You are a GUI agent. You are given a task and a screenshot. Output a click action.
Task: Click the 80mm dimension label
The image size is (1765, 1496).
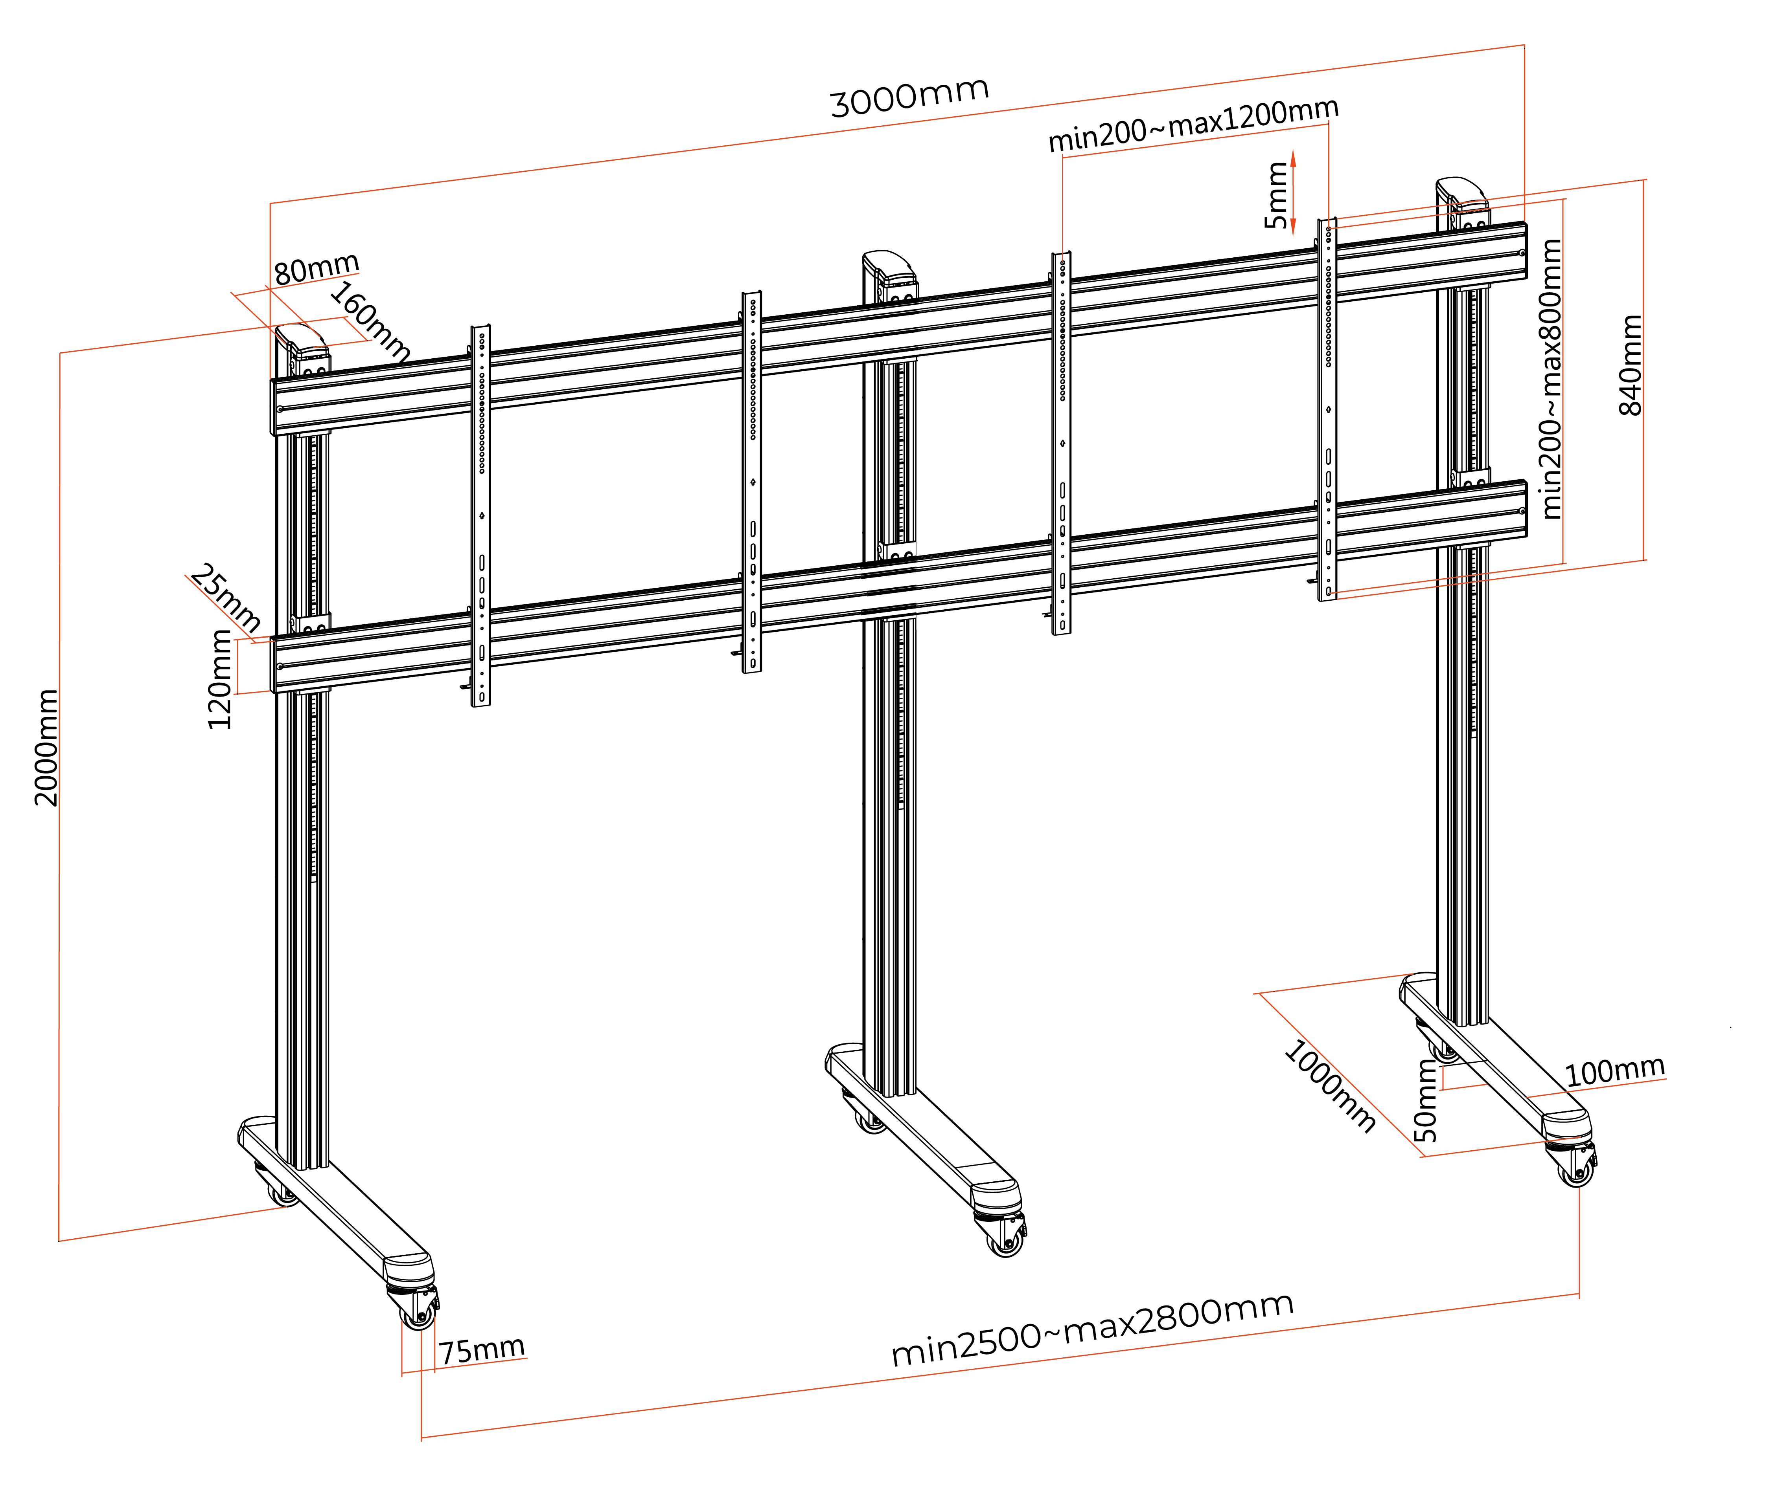[x=317, y=268]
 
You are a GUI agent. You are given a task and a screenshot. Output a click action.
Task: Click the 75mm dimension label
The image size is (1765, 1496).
[x=481, y=1348]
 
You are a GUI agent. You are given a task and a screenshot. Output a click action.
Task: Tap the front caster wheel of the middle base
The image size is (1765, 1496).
[x=1007, y=1243]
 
